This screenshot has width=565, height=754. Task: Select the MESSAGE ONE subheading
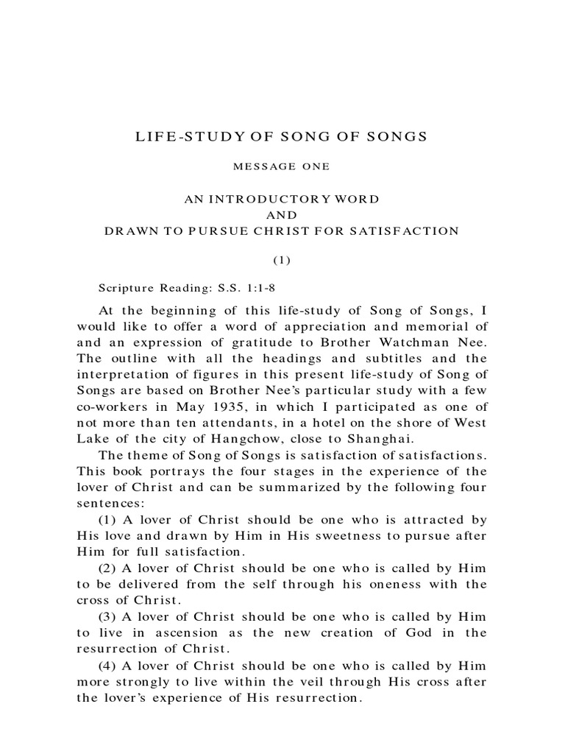tap(281, 167)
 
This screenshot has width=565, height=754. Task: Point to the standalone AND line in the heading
tap(282, 216)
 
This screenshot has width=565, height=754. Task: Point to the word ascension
tap(189, 632)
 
